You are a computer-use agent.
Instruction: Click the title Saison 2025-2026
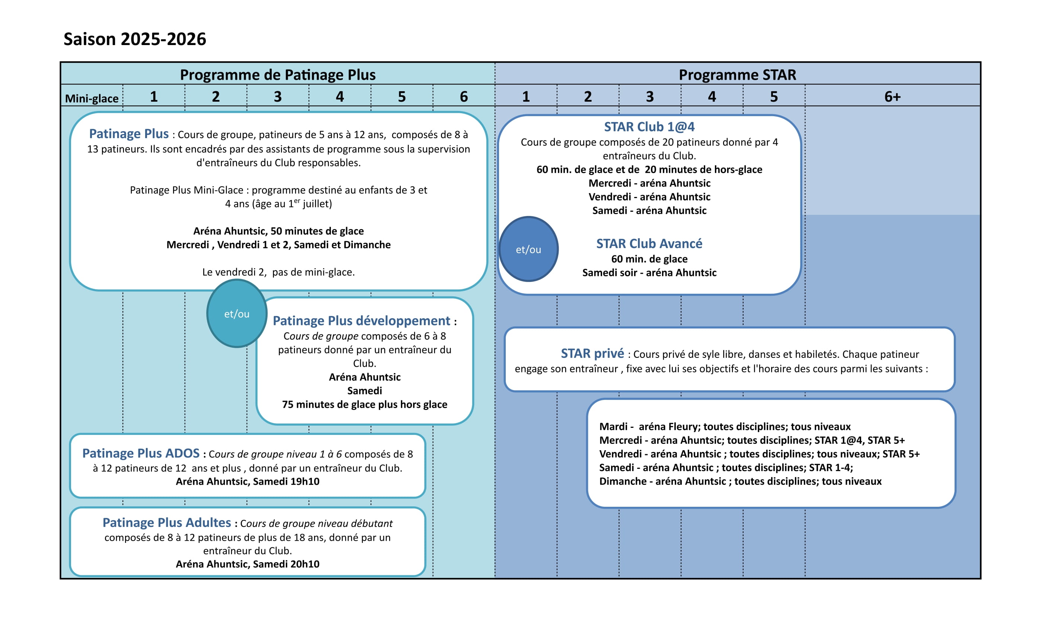coord(135,39)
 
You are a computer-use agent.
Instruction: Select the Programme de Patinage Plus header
coord(278,75)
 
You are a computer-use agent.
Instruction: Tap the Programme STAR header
coord(738,75)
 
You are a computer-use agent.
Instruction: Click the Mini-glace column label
coord(92,99)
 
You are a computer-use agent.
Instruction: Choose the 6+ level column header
coord(892,97)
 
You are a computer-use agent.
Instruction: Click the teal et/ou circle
coord(237,314)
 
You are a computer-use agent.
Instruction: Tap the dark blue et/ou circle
coord(528,249)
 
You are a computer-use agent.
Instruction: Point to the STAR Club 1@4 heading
coord(649,127)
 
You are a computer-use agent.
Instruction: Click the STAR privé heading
coord(592,353)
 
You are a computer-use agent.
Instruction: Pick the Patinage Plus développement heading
coord(362,321)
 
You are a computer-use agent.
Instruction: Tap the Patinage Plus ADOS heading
coord(141,453)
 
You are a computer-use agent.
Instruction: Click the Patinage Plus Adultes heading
coord(167,522)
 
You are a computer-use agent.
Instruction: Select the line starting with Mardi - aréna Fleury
coord(725,426)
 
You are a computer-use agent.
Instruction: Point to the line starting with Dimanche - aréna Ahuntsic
coord(741,481)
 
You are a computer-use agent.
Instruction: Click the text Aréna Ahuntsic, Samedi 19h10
coord(247,481)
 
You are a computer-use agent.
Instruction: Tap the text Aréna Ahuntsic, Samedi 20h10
coord(247,564)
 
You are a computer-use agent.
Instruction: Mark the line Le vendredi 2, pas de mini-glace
coord(278,272)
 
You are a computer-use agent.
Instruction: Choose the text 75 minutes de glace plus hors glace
coord(365,404)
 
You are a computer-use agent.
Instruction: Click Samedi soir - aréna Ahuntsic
coord(649,273)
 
